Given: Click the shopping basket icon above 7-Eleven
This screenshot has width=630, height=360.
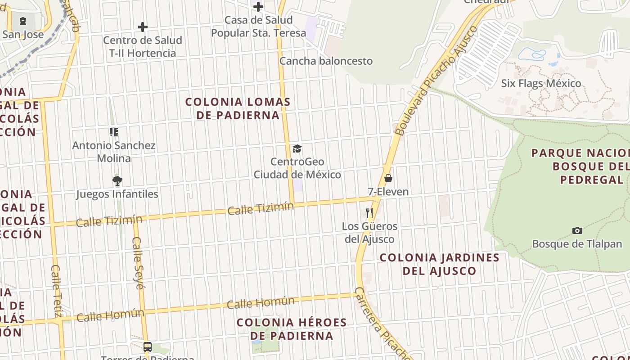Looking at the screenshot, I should (388, 178).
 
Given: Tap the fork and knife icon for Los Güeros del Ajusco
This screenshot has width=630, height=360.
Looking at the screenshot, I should (369, 212).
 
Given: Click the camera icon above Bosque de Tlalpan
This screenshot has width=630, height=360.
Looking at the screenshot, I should (577, 231).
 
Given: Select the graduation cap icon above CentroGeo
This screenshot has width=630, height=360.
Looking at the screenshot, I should (297, 148).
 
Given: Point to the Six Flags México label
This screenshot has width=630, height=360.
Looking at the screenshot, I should (541, 83).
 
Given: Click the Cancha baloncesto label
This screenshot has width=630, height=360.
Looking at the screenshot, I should (326, 61).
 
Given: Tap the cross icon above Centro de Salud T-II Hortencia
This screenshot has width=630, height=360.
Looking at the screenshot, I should (143, 27).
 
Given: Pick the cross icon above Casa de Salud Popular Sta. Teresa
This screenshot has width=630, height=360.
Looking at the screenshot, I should (258, 6).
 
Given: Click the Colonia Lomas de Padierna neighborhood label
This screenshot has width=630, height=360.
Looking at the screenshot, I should (238, 108).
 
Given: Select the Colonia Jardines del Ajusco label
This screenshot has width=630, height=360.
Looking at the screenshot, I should (440, 264).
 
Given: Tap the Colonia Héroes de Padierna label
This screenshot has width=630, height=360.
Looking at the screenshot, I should (292, 329).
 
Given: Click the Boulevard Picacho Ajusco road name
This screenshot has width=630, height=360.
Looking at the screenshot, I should (435, 81).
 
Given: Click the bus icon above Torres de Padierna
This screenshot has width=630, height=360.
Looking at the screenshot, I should (148, 347).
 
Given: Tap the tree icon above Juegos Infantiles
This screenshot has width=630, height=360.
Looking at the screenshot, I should (117, 181).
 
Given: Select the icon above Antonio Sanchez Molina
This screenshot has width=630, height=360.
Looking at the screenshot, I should (114, 132).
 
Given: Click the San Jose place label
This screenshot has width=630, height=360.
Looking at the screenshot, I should (23, 34).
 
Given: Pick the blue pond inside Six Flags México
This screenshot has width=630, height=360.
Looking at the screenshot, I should (532, 54).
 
